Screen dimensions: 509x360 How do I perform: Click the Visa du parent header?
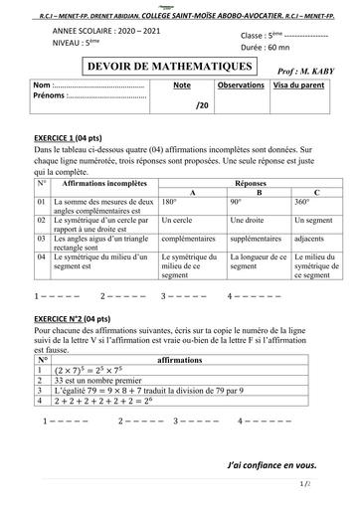coord(295,86)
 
